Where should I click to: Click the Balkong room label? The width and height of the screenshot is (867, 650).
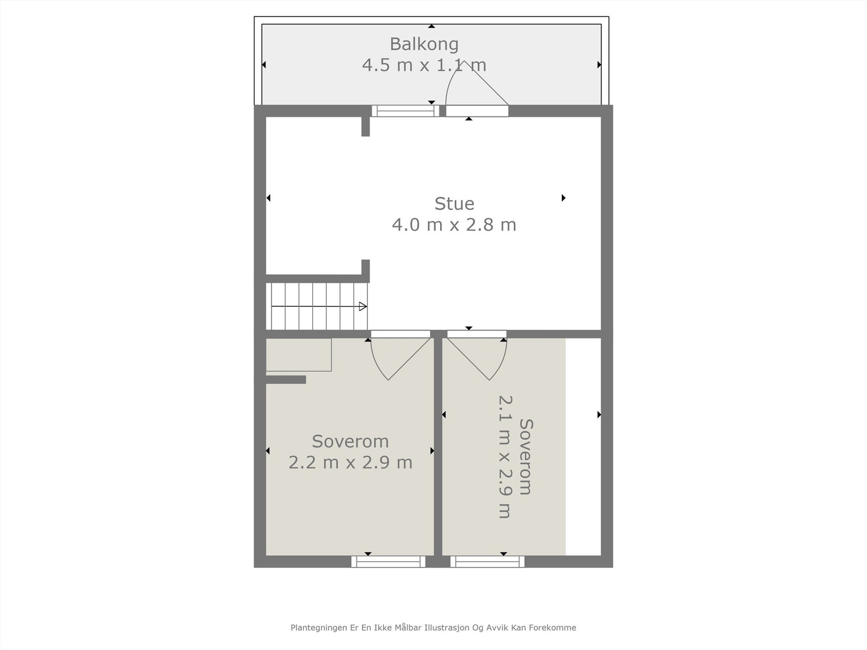pos(424,44)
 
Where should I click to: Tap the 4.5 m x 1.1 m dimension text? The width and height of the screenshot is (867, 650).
pos(424,66)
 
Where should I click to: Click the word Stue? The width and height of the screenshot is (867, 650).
pos(454,204)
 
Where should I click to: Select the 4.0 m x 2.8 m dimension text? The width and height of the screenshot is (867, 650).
pos(454,225)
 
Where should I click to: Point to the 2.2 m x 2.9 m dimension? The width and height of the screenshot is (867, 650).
pos(350,463)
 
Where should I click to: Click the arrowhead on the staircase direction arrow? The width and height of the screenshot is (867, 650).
pos(363,307)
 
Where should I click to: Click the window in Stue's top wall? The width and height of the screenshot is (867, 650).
pos(405,111)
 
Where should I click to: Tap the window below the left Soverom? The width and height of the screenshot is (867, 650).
pos(388,562)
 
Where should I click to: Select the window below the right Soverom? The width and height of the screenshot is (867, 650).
pos(487,562)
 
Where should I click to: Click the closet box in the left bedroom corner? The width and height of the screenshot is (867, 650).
pos(299,355)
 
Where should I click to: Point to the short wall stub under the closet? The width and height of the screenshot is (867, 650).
pos(286,380)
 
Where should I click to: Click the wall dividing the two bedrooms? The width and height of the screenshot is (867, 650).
pos(438,450)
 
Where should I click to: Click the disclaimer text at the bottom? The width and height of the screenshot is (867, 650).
pos(433,628)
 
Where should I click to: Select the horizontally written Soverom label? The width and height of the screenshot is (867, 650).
pos(350,442)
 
